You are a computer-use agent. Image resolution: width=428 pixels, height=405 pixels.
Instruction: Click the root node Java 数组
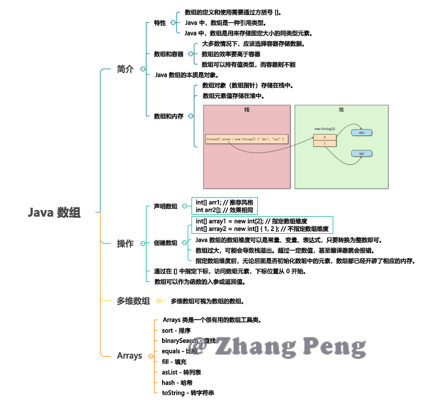click(54, 212)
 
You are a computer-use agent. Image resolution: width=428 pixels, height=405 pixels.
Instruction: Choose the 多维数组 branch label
click(133, 301)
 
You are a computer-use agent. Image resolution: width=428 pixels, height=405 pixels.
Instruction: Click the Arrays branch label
click(129, 355)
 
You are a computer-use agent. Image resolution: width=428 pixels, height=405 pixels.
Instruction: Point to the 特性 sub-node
click(160, 23)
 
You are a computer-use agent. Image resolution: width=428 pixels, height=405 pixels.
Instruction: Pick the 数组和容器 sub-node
click(169, 54)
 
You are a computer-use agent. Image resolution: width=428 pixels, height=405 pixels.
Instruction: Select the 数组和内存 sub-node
click(169, 116)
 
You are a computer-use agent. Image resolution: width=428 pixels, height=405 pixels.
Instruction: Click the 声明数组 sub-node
click(165, 206)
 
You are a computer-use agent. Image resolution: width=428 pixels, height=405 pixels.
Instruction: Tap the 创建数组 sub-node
click(165, 243)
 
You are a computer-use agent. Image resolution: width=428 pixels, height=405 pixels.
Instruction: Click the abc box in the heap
click(362, 132)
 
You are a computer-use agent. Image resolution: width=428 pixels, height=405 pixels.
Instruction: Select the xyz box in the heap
click(362, 154)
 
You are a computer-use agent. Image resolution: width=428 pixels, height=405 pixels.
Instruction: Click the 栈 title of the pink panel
click(247, 110)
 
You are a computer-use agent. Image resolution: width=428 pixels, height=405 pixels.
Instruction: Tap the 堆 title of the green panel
click(341, 110)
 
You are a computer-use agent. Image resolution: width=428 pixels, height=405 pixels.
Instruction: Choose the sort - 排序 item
click(176, 331)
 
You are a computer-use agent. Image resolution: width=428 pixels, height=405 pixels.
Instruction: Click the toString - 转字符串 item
click(188, 393)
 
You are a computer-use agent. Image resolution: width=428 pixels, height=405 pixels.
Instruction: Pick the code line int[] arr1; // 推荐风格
click(224, 202)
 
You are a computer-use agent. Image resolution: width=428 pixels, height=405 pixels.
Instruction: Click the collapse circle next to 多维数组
click(158, 301)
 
